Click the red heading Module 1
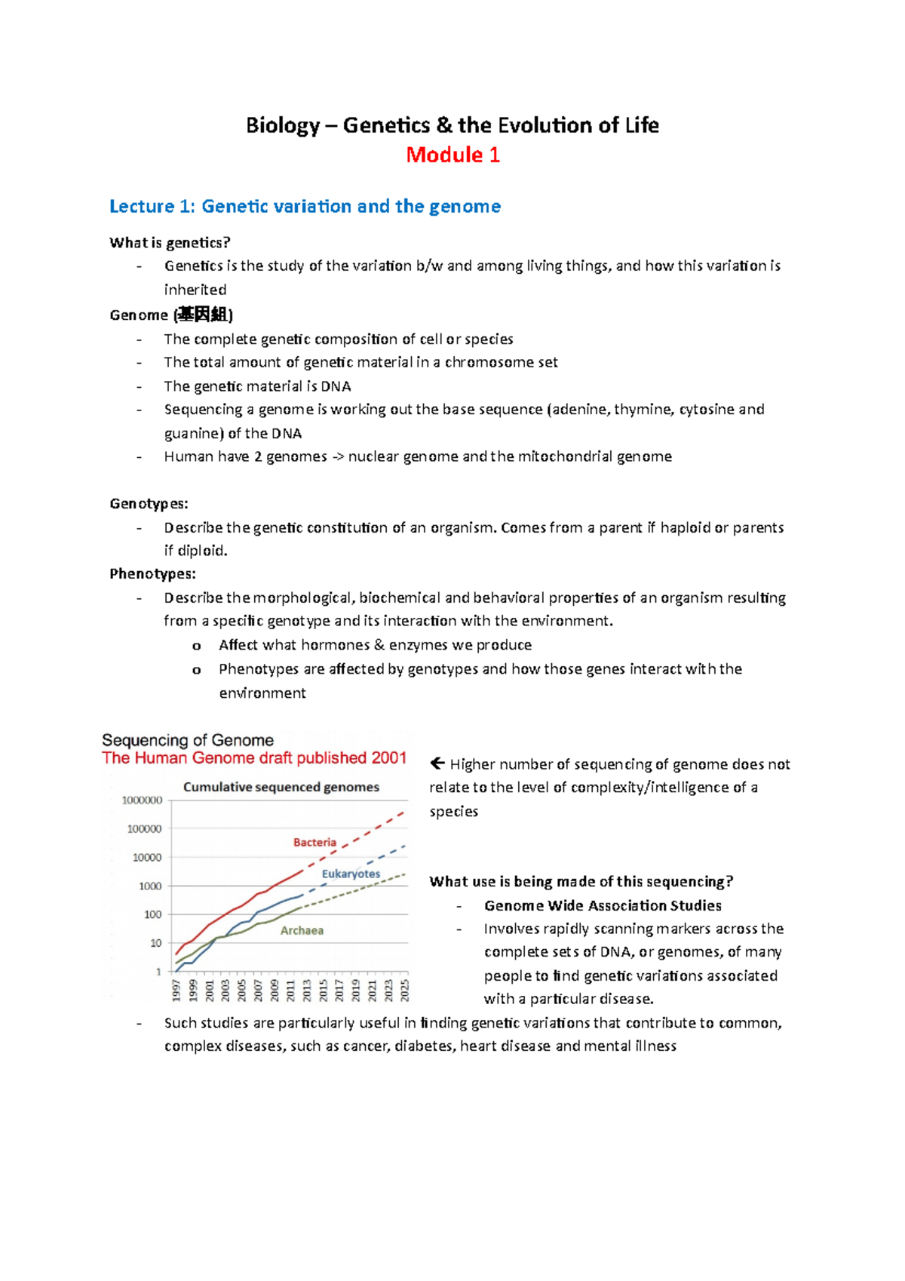point(452,155)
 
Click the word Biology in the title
point(283,125)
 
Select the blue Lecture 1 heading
point(305,206)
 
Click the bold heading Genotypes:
point(149,503)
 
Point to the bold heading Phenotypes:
point(152,573)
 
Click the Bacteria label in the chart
point(314,842)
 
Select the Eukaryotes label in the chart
point(351,874)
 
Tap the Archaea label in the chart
point(302,930)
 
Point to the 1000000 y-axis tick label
point(143,800)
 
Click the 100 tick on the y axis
point(153,914)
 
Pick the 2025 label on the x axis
point(405,990)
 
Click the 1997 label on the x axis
point(176,990)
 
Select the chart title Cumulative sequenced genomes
point(281,787)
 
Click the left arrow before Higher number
point(437,763)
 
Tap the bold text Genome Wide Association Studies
point(603,905)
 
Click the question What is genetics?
point(170,242)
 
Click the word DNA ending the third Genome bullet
point(336,386)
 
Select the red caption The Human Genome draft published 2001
point(254,758)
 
